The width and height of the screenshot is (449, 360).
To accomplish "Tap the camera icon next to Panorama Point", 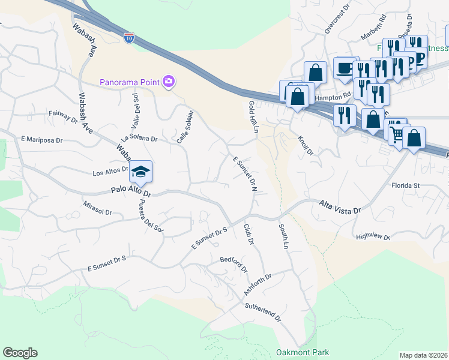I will tap(169, 81).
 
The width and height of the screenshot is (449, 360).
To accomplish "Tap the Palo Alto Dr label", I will tap(131, 193).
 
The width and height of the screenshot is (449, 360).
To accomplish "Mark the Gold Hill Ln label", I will tap(252, 117).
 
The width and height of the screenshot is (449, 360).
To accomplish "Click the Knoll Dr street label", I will tap(306, 145).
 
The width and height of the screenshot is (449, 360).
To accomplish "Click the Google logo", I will tap(20, 353).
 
